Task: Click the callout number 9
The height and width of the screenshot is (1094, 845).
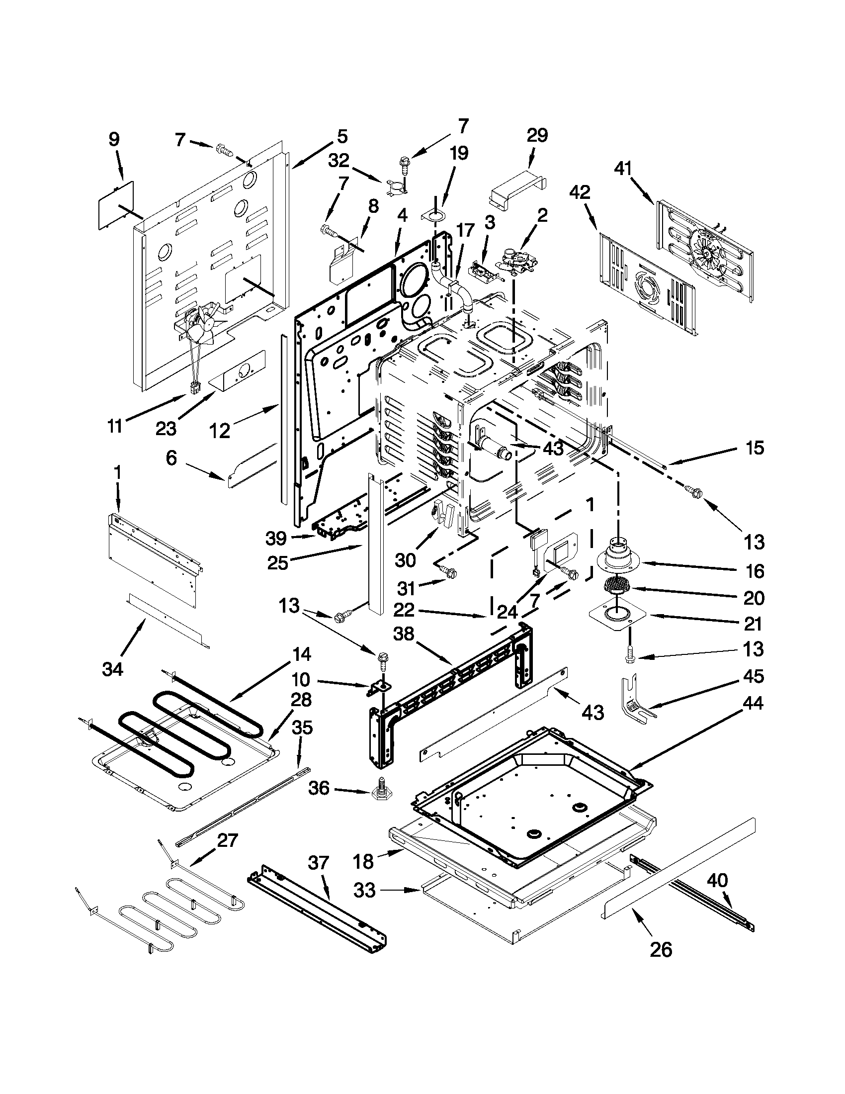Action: click(x=114, y=139)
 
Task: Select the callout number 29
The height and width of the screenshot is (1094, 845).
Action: click(x=537, y=135)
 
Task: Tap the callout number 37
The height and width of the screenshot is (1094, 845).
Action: click(x=319, y=863)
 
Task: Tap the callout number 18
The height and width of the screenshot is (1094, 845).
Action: click(x=363, y=862)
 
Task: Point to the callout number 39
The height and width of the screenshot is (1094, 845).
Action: click(x=276, y=539)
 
